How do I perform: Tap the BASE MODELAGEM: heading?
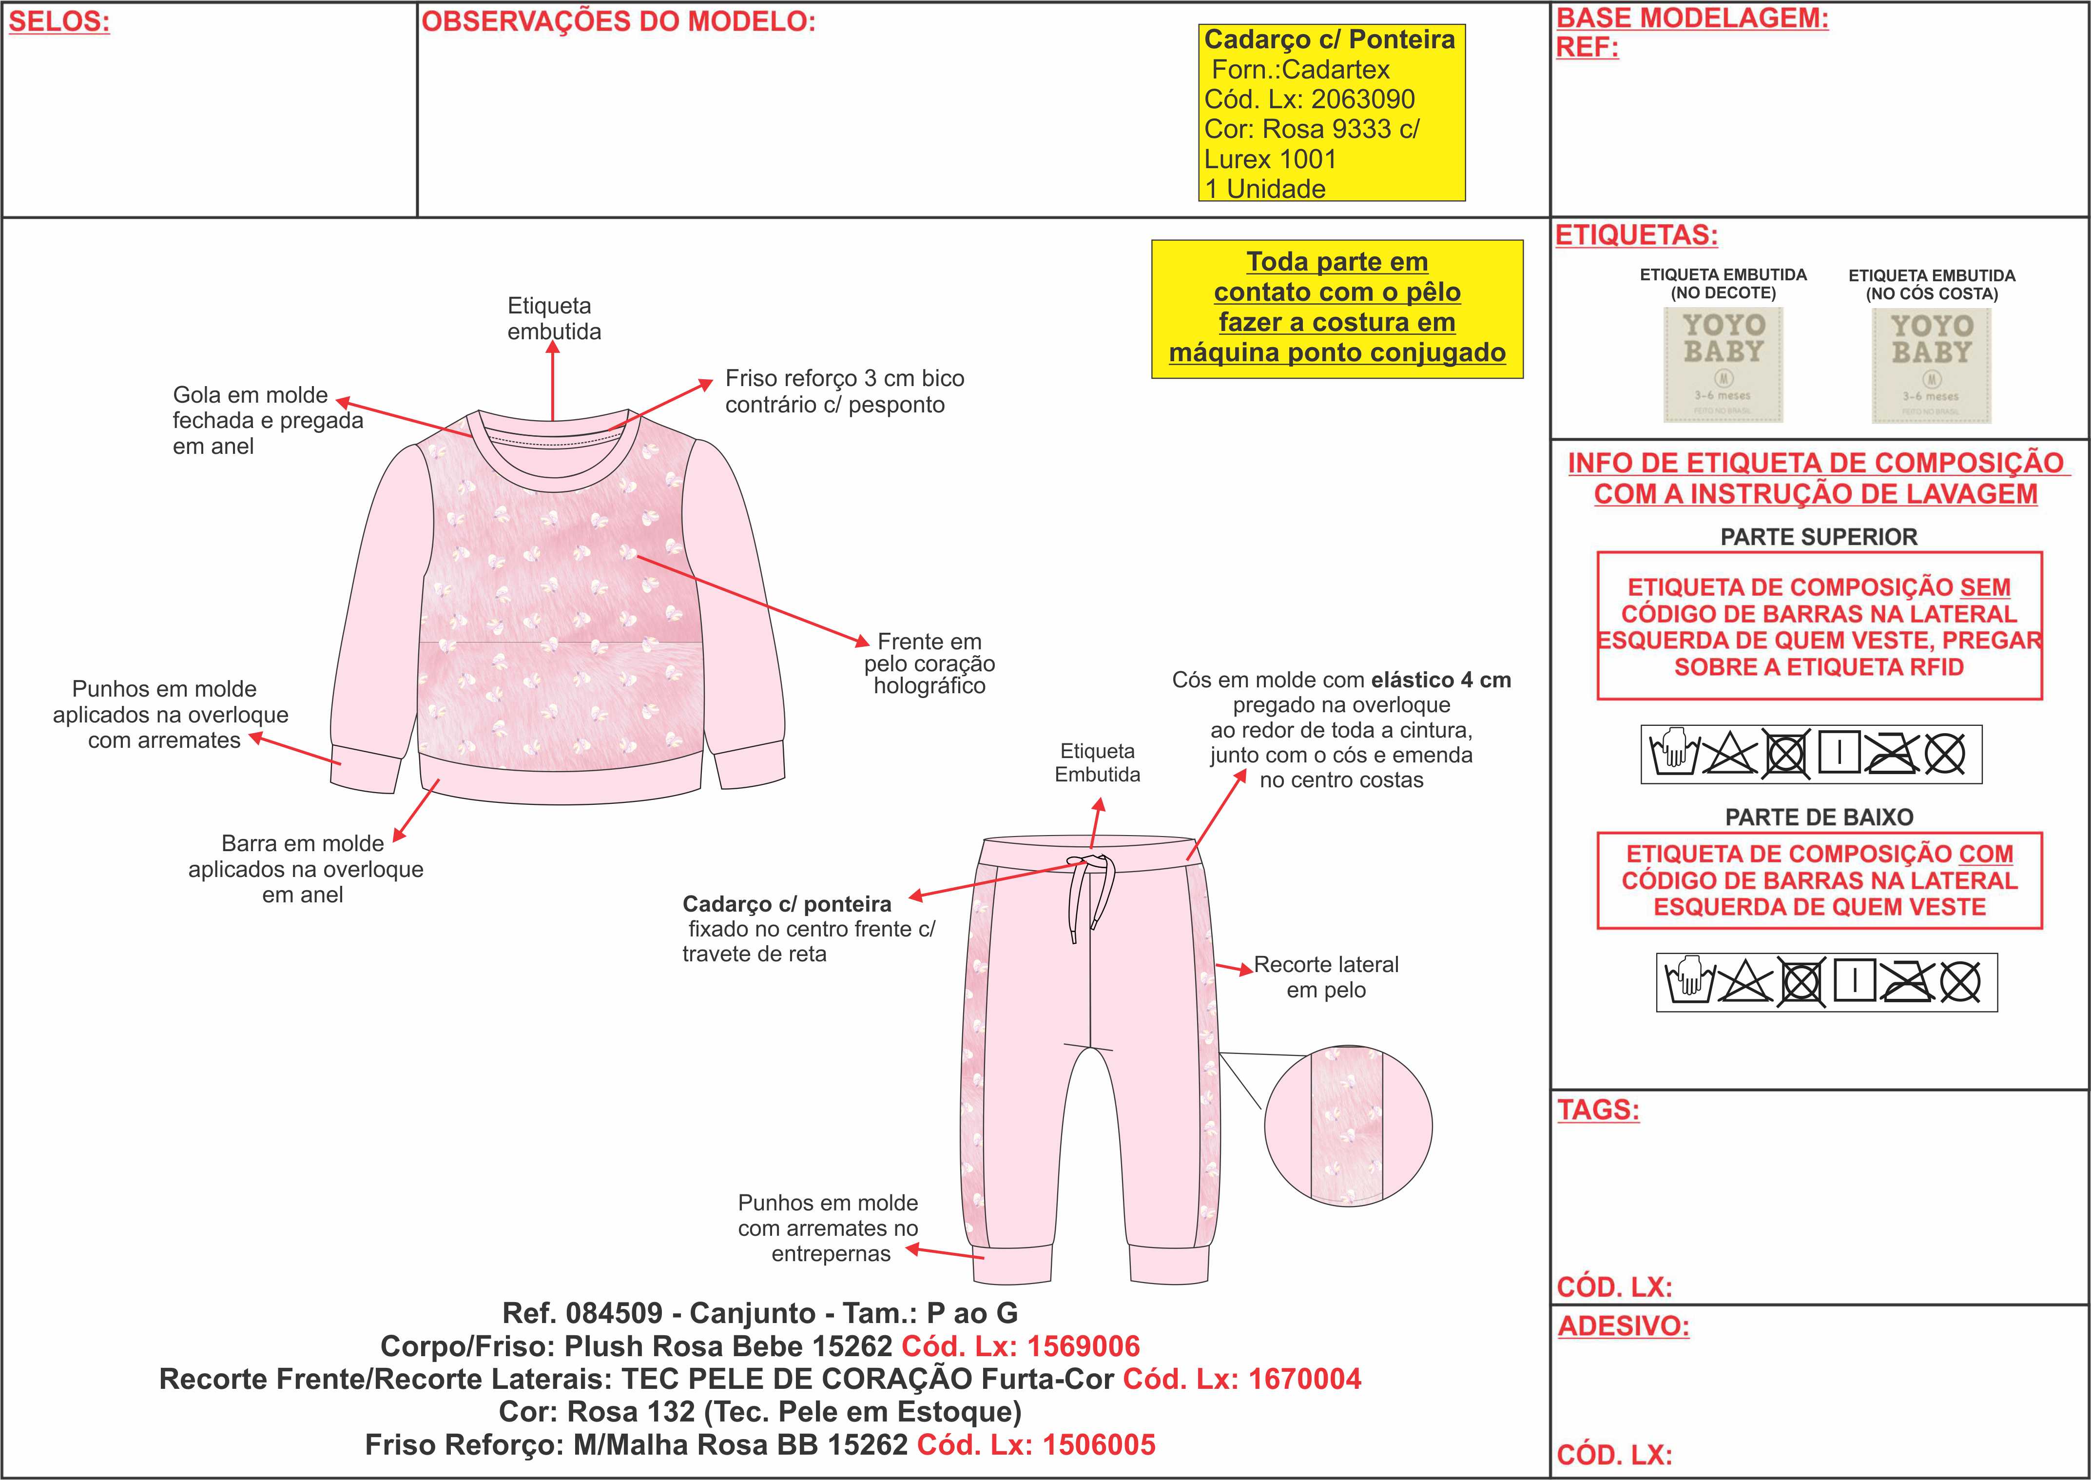pos(1692,18)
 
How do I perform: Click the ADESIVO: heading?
pos(1623,1326)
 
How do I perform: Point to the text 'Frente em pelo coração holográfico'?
pos(929,663)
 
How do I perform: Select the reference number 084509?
pos(614,1313)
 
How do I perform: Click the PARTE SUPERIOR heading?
pos(1819,537)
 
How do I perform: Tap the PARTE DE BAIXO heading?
pos(1819,818)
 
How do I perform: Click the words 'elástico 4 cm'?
pos(1440,680)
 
